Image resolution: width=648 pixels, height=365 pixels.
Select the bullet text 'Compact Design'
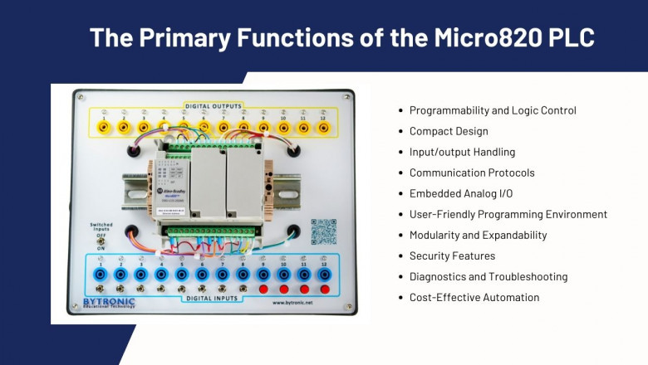click(449, 131)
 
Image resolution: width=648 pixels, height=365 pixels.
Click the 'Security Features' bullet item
click(452, 255)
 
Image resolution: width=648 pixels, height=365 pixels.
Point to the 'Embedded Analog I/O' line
click(462, 193)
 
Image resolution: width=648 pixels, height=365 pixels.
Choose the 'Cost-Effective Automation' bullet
click(474, 297)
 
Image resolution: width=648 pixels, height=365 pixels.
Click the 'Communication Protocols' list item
click(472, 173)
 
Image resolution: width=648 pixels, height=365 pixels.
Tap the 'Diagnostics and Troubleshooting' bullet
click(488, 276)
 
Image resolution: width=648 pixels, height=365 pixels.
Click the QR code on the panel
click(323, 231)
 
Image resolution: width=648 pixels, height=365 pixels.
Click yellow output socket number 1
click(103, 128)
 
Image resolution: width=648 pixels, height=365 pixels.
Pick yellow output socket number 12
click(323, 128)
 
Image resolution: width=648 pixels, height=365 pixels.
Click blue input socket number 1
click(101, 273)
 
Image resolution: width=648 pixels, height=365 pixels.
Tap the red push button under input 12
click(324, 289)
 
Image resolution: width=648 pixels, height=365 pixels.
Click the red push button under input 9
click(263, 289)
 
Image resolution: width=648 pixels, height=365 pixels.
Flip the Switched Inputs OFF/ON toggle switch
click(101, 241)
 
